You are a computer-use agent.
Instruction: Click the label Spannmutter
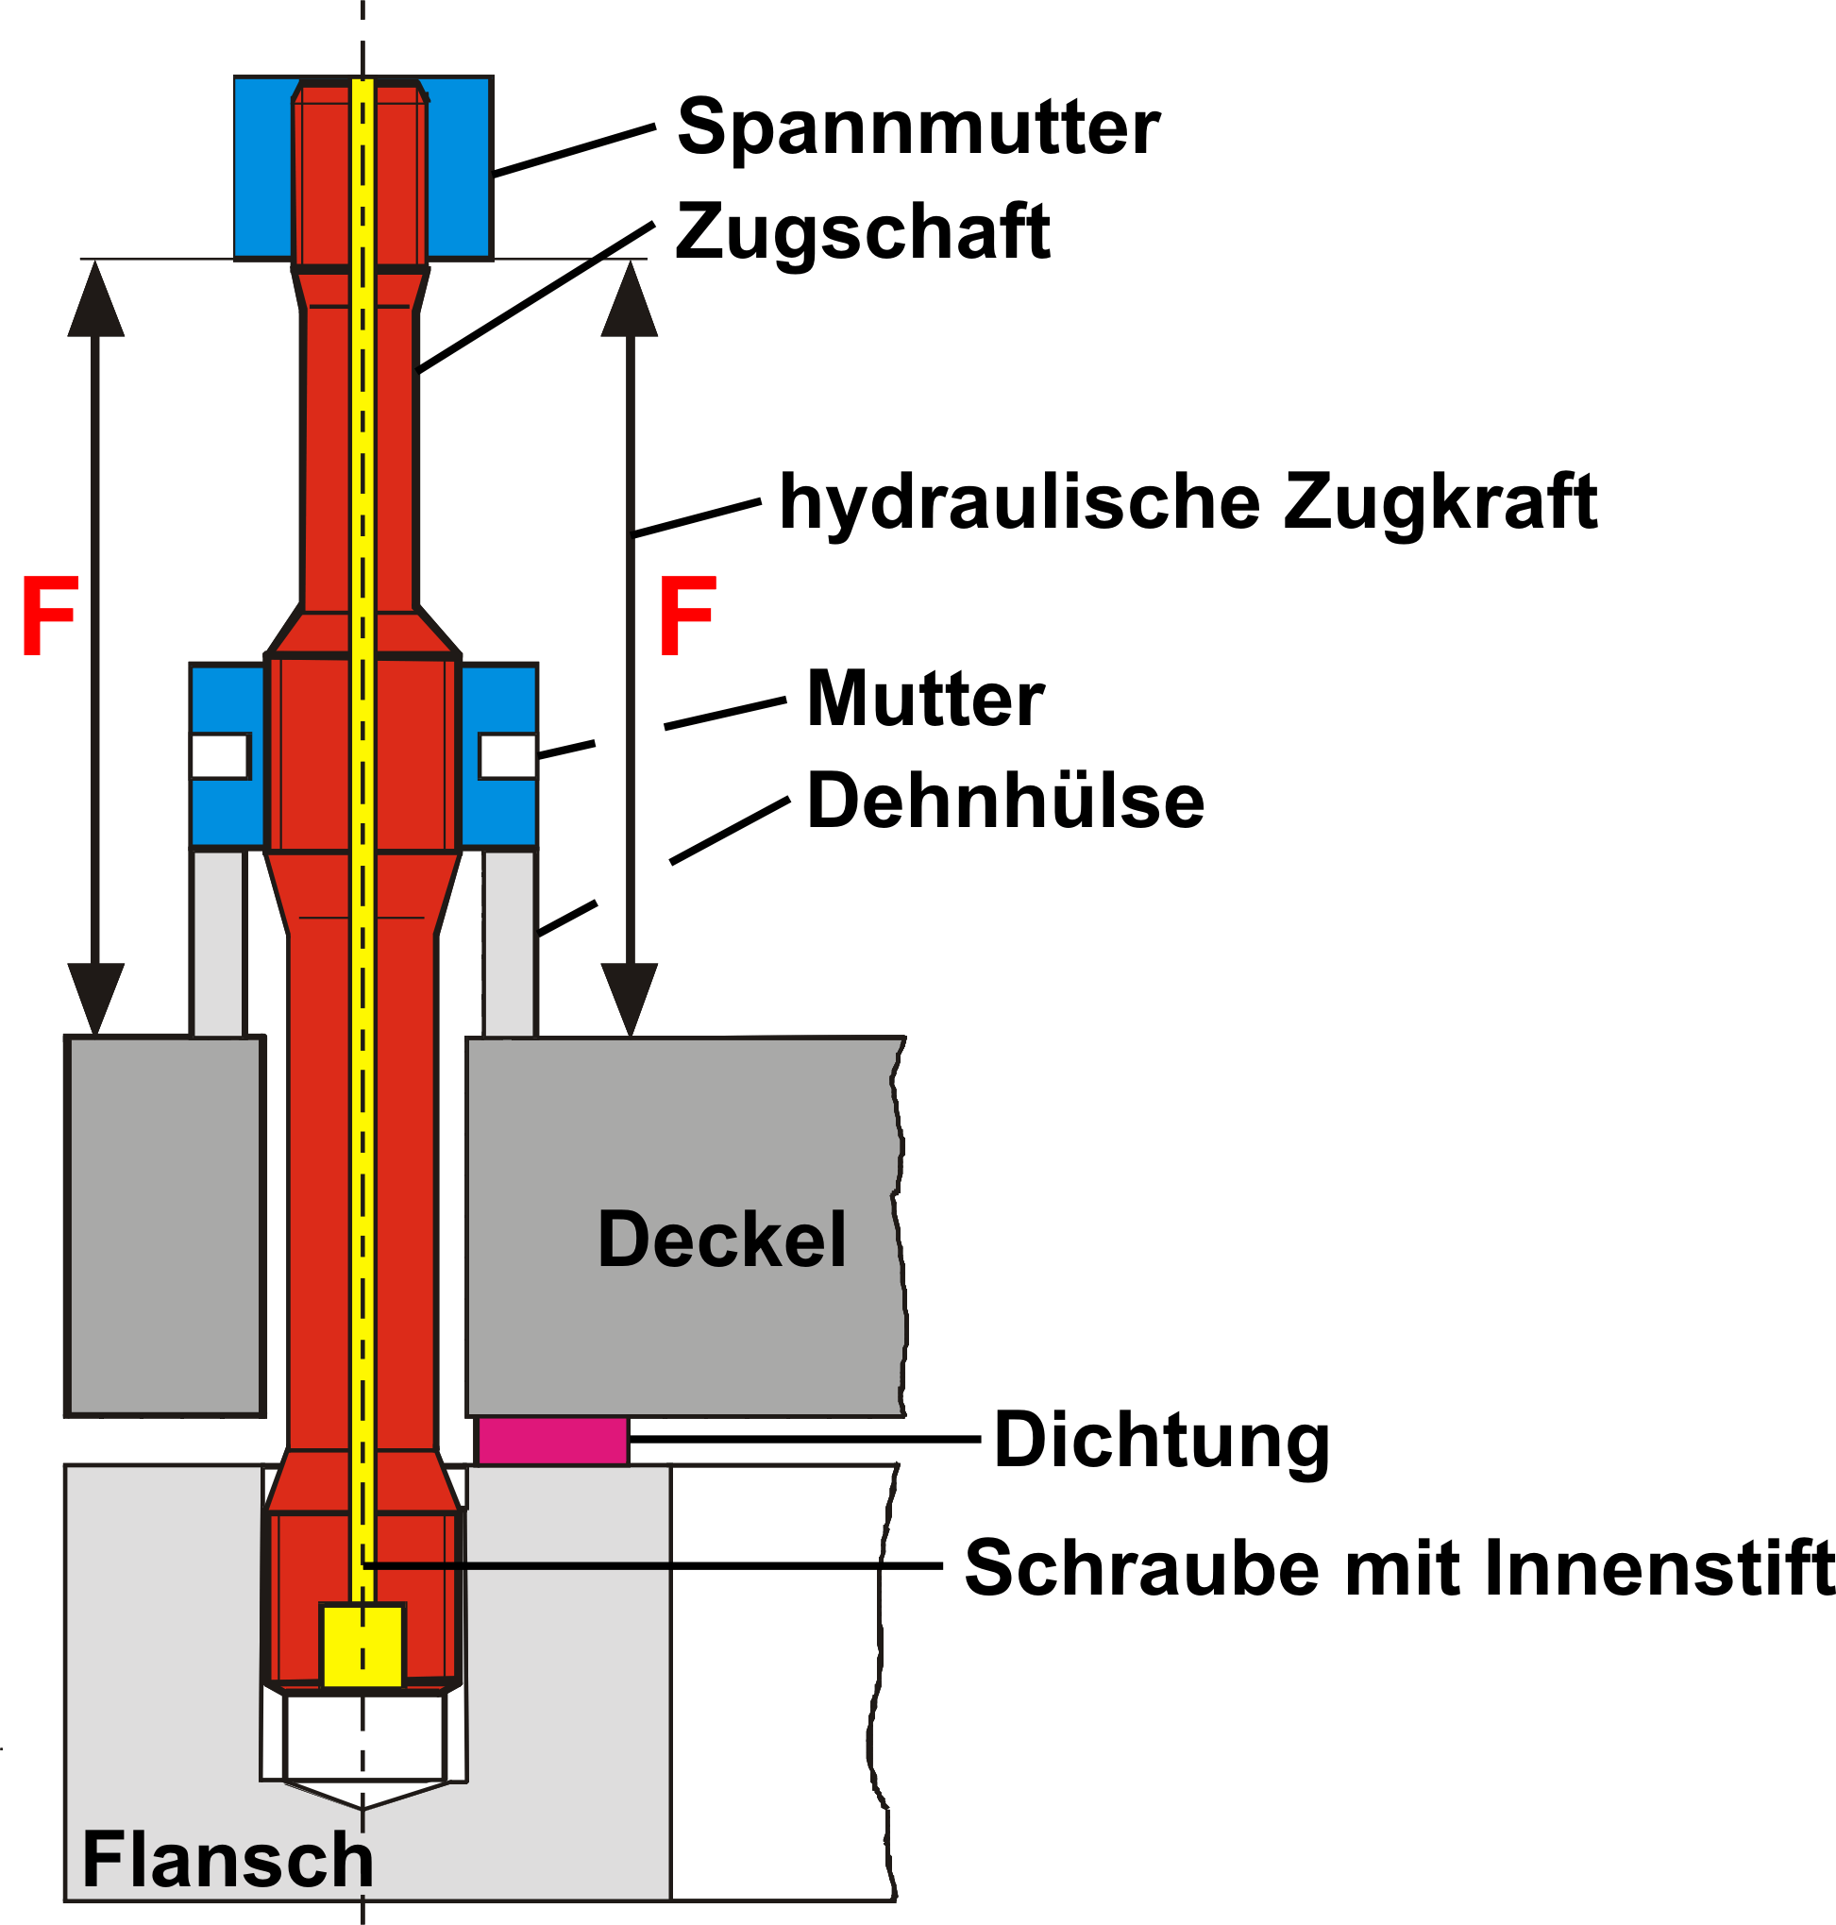tap(918, 128)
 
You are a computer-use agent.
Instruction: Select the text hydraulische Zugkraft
tap(1188, 503)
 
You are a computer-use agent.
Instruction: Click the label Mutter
tap(926, 699)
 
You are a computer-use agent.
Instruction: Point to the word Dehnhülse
tap(1005, 800)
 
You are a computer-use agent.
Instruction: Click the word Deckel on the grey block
tap(722, 1239)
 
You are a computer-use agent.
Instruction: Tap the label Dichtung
tap(1162, 1442)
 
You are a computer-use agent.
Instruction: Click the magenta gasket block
tap(553, 1440)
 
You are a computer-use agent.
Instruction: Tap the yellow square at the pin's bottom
tap(362, 1646)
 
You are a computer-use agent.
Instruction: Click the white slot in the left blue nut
tap(221, 756)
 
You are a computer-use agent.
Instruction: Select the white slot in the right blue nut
tap(508, 756)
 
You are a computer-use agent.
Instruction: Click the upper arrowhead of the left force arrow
tap(96, 298)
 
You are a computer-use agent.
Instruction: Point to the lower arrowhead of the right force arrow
tap(630, 999)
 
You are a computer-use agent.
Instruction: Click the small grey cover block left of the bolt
tap(165, 1225)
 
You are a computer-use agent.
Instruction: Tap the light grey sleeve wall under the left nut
tap(217, 942)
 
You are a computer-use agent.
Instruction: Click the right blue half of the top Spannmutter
tap(458, 167)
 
